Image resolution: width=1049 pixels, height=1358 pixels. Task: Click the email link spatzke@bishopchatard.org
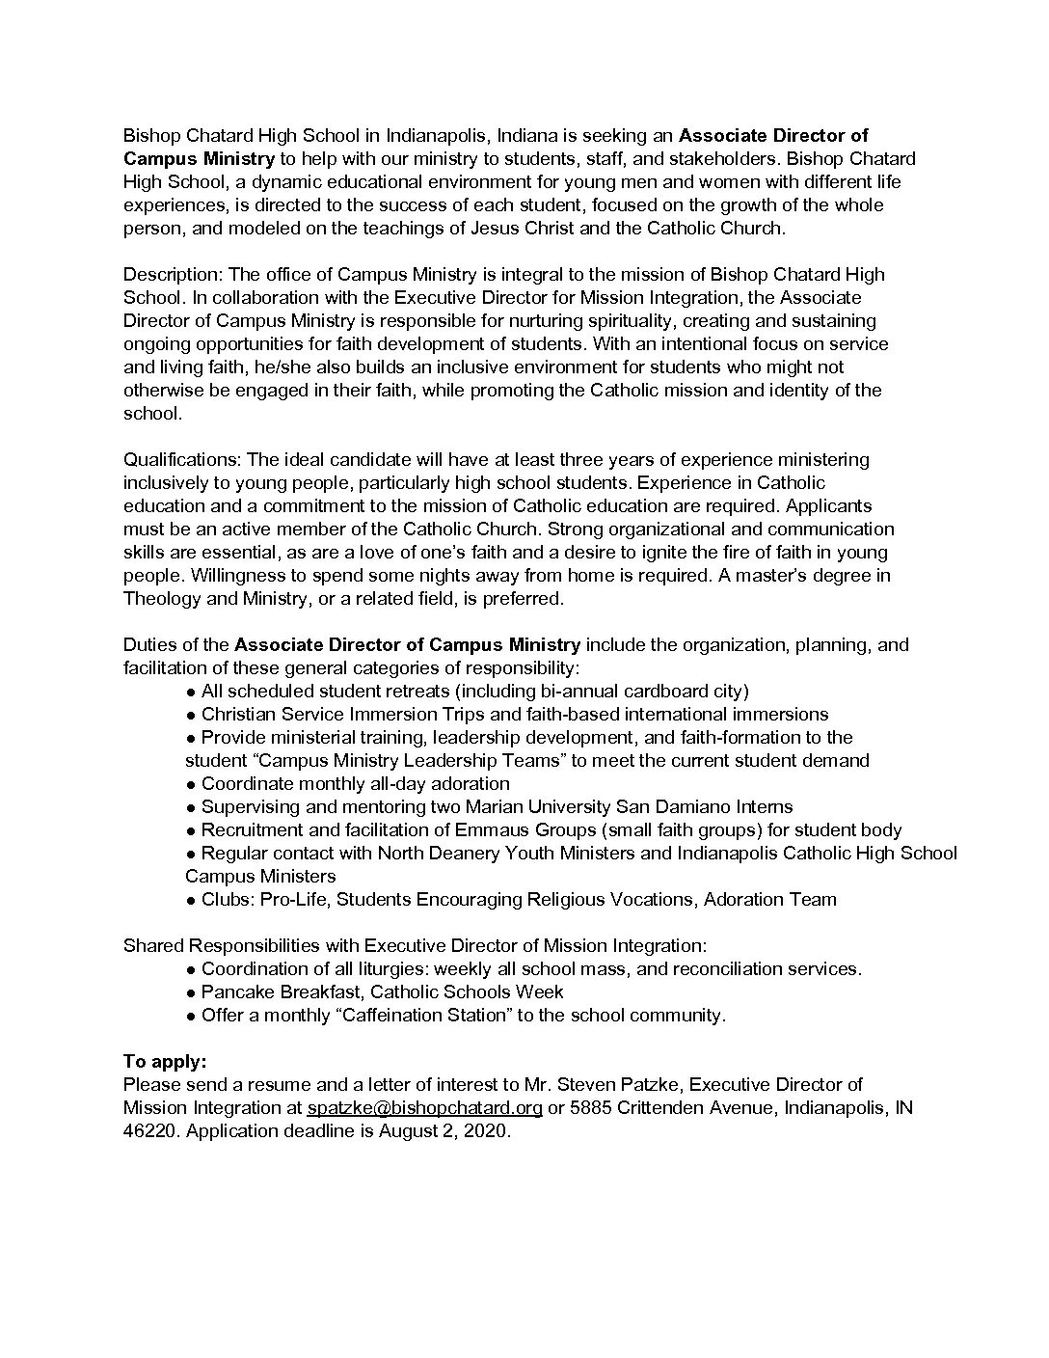click(x=424, y=1108)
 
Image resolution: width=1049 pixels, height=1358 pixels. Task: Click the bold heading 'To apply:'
click(x=165, y=1062)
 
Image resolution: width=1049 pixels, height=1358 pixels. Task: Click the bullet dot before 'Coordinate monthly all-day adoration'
click(x=192, y=784)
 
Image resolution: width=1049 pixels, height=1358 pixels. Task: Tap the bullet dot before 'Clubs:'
click(x=192, y=900)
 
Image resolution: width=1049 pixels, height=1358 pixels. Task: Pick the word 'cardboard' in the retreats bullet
click(x=639, y=692)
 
